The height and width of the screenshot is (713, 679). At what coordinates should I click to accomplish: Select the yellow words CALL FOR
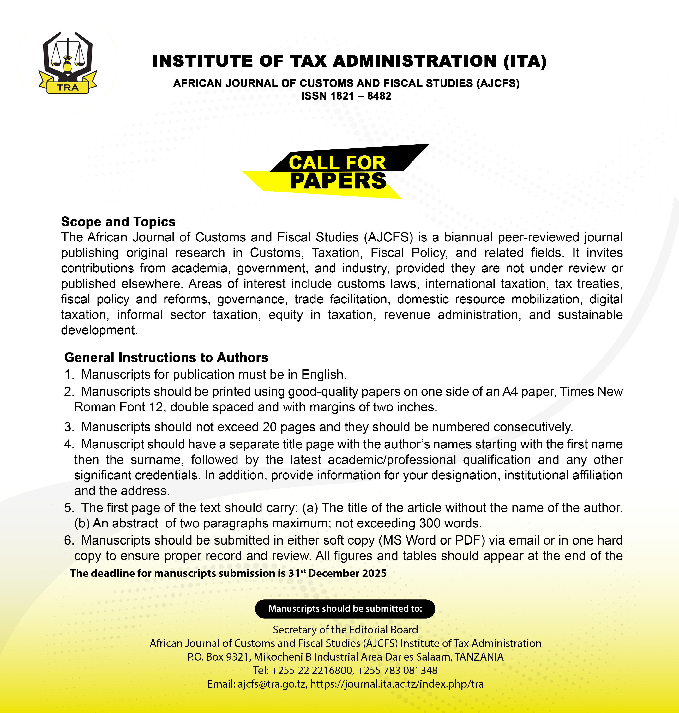tap(337, 163)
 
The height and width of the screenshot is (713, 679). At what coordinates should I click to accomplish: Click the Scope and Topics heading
tap(118, 222)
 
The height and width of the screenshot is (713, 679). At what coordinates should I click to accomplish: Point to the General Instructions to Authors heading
tap(166, 357)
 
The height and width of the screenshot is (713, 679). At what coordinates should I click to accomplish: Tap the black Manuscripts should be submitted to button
tap(345, 609)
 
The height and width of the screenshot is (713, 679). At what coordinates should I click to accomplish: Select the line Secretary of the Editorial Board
tap(345, 630)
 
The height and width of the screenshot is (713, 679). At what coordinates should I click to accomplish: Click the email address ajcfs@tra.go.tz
tap(271, 684)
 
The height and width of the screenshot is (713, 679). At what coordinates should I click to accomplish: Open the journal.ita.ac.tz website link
tap(397, 684)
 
